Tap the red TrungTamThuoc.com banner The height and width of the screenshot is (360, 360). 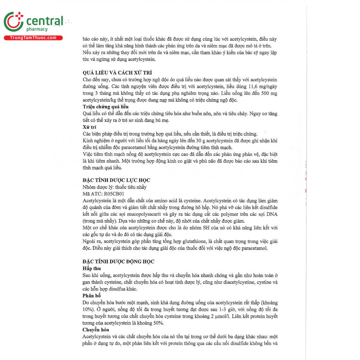pos(33,38)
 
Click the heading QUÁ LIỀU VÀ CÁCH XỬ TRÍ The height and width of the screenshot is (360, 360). pos(117,73)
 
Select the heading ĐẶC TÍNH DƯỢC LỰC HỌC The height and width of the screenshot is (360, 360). pos(116,180)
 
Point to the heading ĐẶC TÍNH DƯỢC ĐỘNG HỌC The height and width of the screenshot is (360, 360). pos(118,261)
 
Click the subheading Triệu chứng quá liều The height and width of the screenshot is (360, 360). pos(106,107)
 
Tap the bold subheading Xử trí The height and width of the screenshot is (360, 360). pos(89,127)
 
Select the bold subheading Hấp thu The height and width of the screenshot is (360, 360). pos(92,268)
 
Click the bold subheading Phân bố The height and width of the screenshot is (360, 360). pos(92,296)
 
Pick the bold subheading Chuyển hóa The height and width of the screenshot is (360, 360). pos(96,330)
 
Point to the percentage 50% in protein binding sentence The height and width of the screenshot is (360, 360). pos(157,323)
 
